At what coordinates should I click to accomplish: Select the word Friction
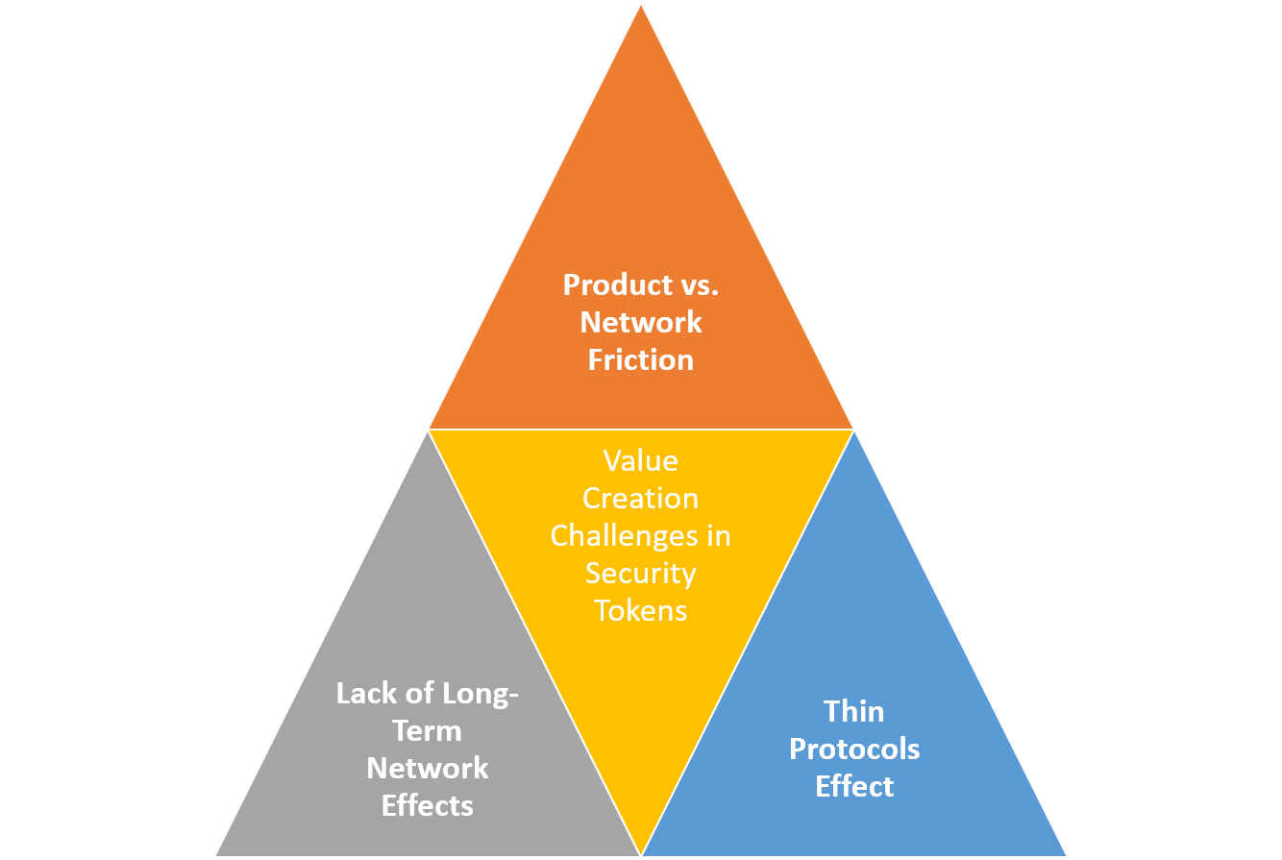click(x=640, y=360)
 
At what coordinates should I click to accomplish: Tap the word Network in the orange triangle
click(x=640, y=323)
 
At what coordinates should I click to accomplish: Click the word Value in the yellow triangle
click(x=640, y=461)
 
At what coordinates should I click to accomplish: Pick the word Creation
click(x=640, y=499)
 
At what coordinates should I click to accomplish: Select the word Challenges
click(x=625, y=536)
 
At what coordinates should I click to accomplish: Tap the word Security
click(x=640, y=574)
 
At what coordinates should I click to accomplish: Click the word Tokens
click(x=640, y=611)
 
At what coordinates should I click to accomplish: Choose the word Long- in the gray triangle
click(x=481, y=694)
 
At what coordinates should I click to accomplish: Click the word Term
click(x=427, y=731)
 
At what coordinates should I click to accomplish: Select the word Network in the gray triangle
click(x=427, y=769)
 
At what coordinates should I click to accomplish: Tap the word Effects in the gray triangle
click(x=427, y=806)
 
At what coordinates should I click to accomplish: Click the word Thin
click(x=853, y=712)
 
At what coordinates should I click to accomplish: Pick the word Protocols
click(x=853, y=749)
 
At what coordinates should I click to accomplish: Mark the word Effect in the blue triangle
click(x=853, y=787)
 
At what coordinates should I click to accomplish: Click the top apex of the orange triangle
click(x=641, y=6)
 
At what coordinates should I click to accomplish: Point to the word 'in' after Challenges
click(x=719, y=536)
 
